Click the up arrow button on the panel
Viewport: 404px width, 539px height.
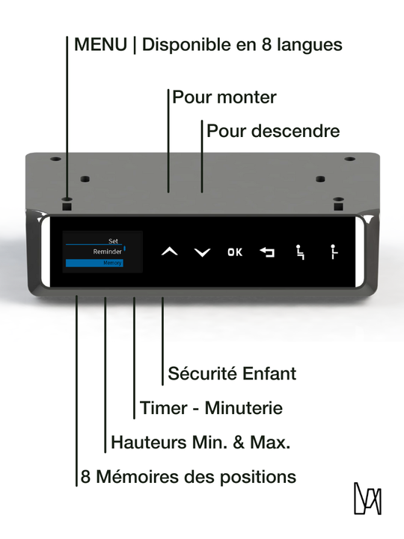(x=170, y=252)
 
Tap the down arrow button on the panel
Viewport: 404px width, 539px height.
(x=202, y=252)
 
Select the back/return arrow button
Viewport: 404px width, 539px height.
(x=267, y=252)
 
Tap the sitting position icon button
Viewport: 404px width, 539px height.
(x=300, y=252)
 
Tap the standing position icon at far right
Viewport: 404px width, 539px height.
(x=333, y=252)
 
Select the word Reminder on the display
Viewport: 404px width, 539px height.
(x=107, y=252)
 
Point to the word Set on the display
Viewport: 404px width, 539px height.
(x=113, y=241)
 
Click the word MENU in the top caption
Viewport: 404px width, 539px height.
(x=100, y=45)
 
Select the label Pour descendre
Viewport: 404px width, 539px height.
(x=273, y=131)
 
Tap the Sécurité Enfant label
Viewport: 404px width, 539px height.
(x=232, y=373)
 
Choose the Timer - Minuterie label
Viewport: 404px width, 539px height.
(x=211, y=408)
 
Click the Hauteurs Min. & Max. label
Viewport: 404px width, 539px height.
(x=201, y=442)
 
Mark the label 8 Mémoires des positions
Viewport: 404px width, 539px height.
(x=189, y=477)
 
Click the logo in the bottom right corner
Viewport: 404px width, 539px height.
(x=367, y=499)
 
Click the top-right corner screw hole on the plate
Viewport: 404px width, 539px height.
(x=349, y=159)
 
